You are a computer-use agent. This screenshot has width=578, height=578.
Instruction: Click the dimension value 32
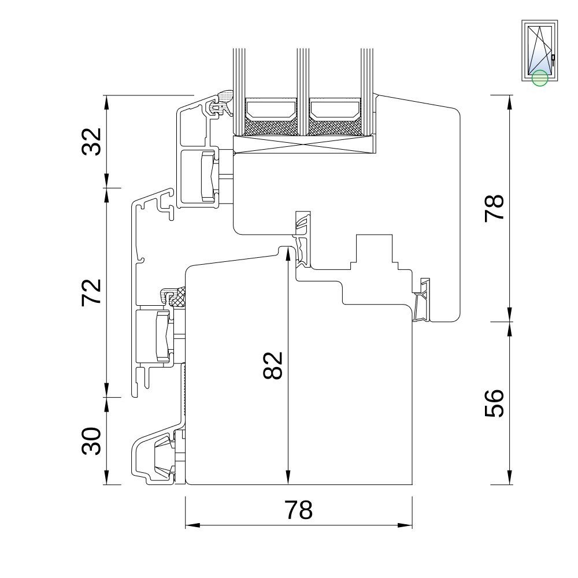91,142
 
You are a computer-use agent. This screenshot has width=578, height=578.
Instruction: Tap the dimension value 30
91,441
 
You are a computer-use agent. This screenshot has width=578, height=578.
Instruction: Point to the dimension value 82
273,365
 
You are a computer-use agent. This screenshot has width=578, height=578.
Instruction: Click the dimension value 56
494,403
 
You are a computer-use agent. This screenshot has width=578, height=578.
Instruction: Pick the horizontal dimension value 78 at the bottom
299,510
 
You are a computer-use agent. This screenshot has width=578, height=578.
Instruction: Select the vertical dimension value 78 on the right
494,208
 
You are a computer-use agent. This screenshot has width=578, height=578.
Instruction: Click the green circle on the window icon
540,78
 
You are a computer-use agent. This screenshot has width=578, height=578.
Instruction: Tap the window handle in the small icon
553,60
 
